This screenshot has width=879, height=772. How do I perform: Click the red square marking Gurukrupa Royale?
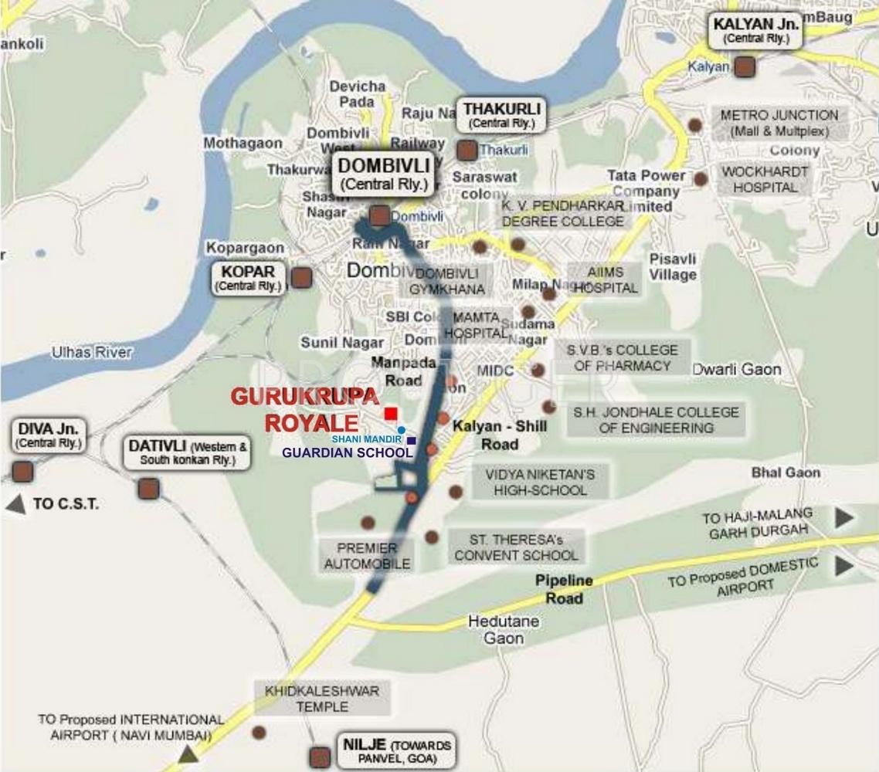(392, 413)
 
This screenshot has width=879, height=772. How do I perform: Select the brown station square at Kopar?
(301, 277)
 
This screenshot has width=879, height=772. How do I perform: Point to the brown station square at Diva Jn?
(23, 472)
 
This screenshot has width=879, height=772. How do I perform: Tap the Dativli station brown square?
(148, 488)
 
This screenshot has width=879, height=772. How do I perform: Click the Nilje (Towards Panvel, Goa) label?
(395, 752)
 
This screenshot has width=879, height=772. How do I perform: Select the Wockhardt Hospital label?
(765, 179)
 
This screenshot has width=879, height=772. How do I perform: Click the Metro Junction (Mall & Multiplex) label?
(779, 123)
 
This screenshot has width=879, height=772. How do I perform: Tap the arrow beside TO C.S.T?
(15, 505)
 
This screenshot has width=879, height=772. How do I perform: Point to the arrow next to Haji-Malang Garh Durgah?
(844, 517)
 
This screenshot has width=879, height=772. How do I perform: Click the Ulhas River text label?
(92, 352)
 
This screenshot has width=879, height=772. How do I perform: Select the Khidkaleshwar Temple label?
(322, 699)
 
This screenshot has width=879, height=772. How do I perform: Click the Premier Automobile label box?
(366, 556)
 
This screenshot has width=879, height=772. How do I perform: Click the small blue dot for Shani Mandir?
(402, 430)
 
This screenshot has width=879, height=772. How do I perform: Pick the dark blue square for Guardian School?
(412, 441)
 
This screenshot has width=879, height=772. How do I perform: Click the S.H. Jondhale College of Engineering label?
(655, 420)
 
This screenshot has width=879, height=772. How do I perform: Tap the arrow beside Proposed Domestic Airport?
(844, 566)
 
